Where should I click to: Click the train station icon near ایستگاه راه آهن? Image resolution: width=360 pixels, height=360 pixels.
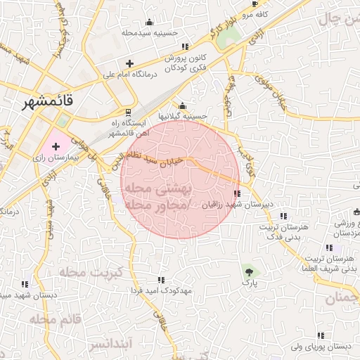(127, 112)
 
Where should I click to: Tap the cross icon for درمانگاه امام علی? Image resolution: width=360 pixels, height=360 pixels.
(129, 64)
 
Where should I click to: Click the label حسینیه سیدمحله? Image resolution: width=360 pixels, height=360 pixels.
(146, 32)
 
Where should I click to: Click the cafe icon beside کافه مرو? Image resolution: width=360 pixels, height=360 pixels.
(255, 4)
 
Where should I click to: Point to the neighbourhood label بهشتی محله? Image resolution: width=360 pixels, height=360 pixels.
(157, 189)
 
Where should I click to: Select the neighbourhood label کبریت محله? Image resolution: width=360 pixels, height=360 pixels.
(91, 271)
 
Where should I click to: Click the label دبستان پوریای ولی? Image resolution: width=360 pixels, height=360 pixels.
(323, 347)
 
